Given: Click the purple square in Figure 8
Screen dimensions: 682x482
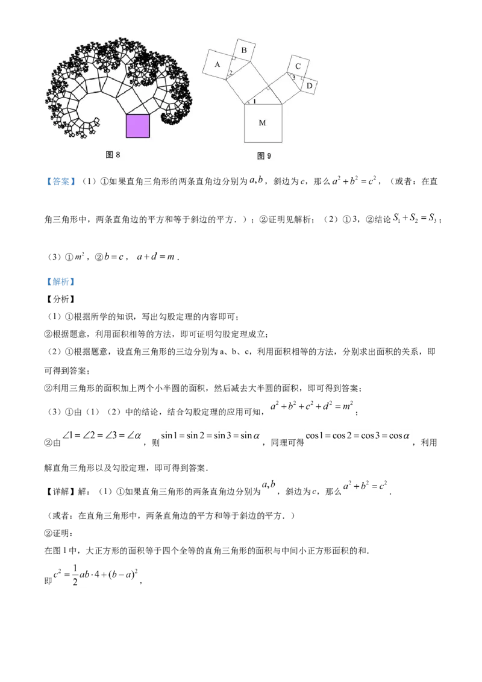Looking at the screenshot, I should click(137, 126).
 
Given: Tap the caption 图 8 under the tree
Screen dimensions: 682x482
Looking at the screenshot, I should click(113, 155).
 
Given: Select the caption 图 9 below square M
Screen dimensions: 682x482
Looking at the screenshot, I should click(264, 155).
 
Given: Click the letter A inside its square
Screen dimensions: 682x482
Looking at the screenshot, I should click(217, 63).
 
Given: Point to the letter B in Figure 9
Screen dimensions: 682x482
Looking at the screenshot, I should click(244, 51).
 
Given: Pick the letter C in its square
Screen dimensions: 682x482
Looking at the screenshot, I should click(298, 66).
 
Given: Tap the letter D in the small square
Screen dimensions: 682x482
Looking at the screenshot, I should click(309, 86).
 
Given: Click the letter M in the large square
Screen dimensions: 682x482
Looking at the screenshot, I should click(262, 123).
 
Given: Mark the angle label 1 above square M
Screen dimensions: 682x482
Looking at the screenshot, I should click(254, 101).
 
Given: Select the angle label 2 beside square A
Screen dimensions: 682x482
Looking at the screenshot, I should click(230, 74).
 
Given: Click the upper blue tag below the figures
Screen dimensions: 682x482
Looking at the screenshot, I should click(60, 181).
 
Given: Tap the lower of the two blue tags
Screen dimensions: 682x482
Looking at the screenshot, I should click(60, 282).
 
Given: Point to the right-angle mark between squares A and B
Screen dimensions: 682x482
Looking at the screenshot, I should click(234, 58).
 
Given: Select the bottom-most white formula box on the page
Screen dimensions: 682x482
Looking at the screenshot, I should click(95, 573).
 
